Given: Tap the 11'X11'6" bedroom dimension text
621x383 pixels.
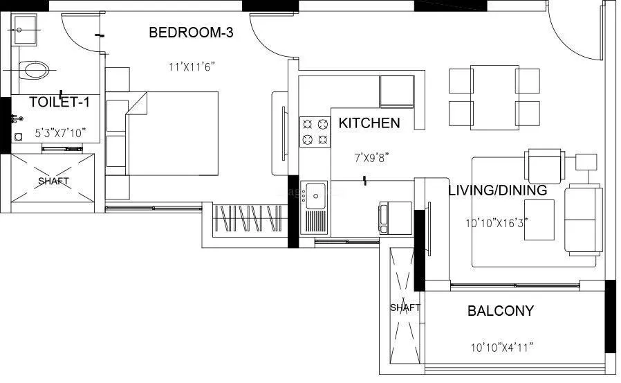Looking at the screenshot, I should (x=192, y=67).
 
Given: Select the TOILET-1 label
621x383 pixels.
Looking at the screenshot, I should (x=59, y=103).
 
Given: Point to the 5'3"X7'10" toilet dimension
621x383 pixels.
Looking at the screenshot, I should (x=60, y=134).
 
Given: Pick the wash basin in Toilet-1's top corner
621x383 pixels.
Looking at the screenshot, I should (x=26, y=31).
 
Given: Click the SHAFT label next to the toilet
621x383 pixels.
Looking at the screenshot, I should (x=53, y=181).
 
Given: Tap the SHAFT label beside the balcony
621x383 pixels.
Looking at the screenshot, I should (x=405, y=308).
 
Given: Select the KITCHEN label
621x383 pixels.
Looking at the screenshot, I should (x=369, y=123).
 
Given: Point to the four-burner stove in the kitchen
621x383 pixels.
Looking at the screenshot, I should (x=314, y=132).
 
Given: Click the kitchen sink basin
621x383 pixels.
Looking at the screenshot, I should (x=317, y=193).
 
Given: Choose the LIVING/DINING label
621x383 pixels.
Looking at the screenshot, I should (x=497, y=190).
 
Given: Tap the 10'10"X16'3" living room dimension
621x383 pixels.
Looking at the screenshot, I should (x=499, y=224).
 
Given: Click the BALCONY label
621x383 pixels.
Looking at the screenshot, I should (x=501, y=311).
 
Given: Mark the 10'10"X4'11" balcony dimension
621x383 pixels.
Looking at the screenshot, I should (x=501, y=346).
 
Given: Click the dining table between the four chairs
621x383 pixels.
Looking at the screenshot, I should (x=494, y=97).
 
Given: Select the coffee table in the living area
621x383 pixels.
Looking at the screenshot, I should (x=539, y=220).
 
